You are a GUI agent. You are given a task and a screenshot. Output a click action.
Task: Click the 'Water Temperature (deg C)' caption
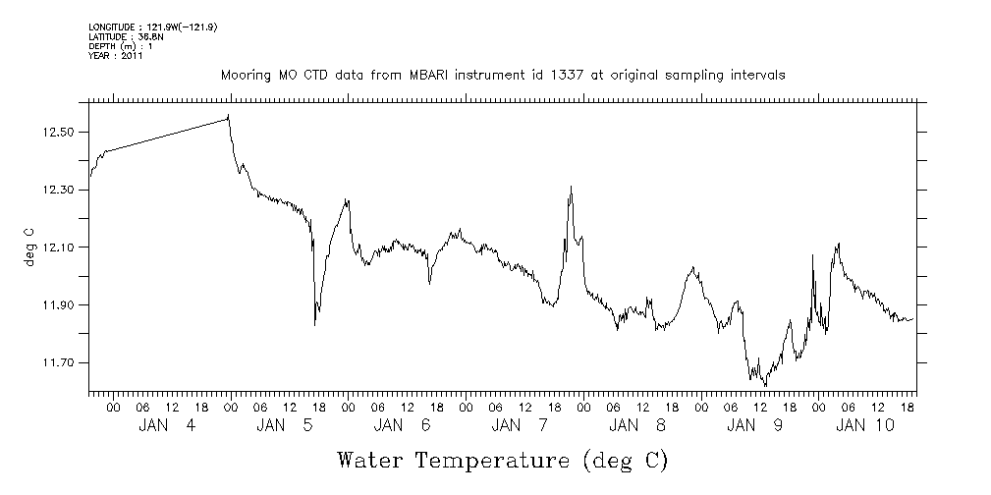pyautogui.click(x=503, y=460)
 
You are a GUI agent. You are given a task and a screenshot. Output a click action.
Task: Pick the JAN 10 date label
pyautogui.click(x=865, y=425)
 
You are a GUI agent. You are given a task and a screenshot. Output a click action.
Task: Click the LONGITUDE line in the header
pyautogui.click(x=152, y=27)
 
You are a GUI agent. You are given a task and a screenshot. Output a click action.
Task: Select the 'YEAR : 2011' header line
pyautogui.click(x=116, y=56)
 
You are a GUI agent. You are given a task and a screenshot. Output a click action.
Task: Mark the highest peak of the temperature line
pyautogui.click(x=229, y=116)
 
